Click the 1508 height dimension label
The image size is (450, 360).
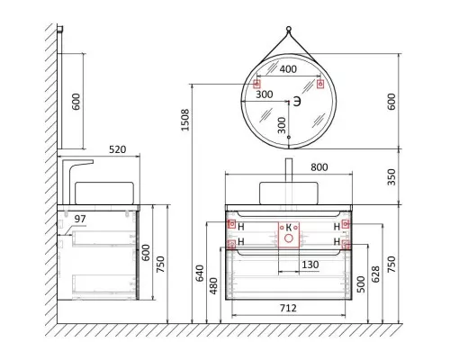185,120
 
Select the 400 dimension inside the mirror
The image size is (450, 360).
288,69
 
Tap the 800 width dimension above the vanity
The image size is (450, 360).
319,167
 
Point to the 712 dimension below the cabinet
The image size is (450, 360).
288,308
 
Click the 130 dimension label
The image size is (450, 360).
310,265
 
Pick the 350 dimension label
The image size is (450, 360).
391,177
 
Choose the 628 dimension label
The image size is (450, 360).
375,274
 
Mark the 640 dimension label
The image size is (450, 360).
200,274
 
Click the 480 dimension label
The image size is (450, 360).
213,286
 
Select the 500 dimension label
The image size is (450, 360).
361,284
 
